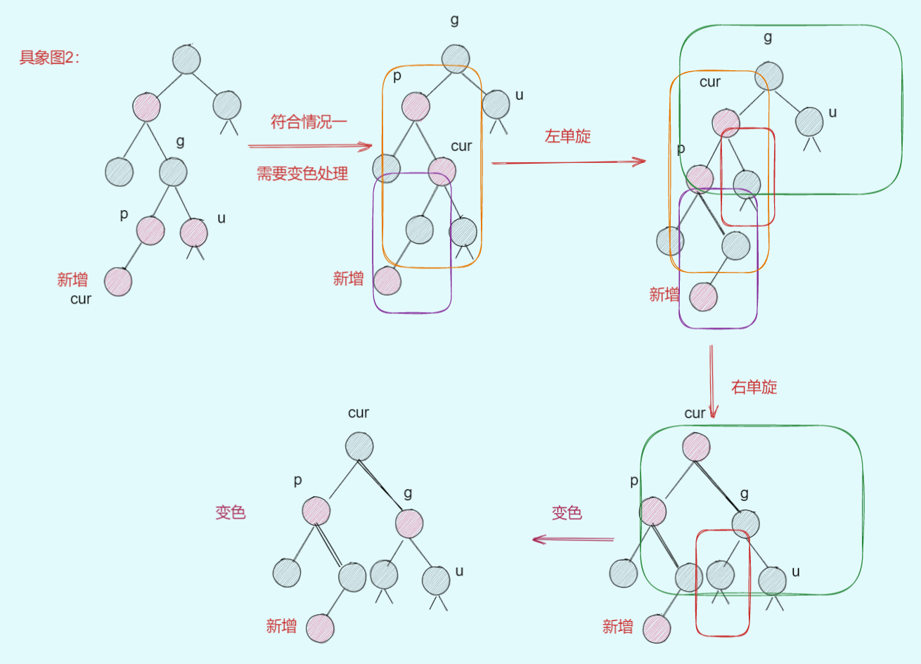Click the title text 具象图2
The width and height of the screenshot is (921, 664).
49,58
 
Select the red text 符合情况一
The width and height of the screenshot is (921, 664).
309,122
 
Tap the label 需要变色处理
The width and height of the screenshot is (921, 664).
302,174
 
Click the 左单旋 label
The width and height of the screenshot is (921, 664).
567,136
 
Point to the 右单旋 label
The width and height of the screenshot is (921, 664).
754,387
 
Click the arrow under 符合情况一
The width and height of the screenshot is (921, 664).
309,146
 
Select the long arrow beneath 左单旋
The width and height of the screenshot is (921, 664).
568,162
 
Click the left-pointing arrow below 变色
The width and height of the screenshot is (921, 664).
572,540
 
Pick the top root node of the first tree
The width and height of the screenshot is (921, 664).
186,60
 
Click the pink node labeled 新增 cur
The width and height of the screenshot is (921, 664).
118,282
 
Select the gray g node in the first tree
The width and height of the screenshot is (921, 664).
173,171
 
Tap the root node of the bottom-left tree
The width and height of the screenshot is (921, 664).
359,447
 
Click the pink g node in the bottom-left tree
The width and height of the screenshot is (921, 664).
409,523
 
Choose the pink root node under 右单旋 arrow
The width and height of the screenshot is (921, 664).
696,447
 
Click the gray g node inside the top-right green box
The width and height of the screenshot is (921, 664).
770,77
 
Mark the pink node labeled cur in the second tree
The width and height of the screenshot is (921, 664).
442,172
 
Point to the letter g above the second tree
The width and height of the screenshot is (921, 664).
455,20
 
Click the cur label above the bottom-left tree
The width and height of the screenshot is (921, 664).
359,412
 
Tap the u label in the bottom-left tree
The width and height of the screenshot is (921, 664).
459,571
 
